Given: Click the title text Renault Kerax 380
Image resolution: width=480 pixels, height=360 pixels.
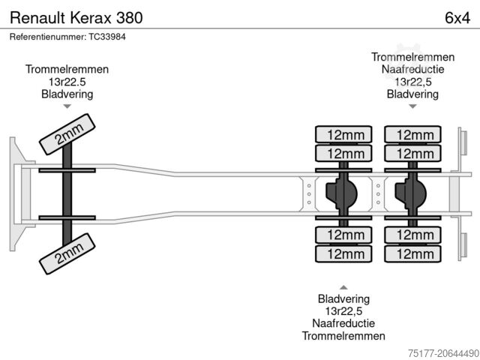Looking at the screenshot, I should pyautogui.click(x=76, y=16).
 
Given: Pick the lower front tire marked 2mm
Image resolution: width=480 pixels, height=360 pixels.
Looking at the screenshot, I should pyautogui.click(x=67, y=253).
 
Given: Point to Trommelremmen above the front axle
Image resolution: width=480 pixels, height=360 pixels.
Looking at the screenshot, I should pyautogui.click(x=67, y=69).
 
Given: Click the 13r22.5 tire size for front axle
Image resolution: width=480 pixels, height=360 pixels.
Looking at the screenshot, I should pyautogui.click(x=67, y=82).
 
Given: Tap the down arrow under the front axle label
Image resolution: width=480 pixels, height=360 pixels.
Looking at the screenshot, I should pyautogui.click(x=67, y=106).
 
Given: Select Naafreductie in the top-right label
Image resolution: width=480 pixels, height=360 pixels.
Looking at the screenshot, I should pyautogui.click(x=412, y=70).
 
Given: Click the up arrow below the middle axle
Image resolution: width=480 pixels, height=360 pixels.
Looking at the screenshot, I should pyautogui.click(x=343, y=286).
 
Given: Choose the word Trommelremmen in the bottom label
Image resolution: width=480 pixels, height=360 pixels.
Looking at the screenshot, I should pyautogui.click(x=343, y=337).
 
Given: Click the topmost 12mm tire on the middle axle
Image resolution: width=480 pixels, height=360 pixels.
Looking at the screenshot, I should pyautogui.click(x=343, y=135).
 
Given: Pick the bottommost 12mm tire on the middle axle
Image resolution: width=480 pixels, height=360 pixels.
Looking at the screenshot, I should pyautogui.click(x=343, y=254).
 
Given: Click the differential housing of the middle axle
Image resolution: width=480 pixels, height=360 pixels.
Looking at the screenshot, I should pyautogui.click(x=342, y=194).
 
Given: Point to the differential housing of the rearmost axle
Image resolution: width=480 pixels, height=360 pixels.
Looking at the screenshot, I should pyautogui.click(x=412, y=194).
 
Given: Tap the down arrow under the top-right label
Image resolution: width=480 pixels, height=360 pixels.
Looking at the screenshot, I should pyautogui.click(x=412, y=106).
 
